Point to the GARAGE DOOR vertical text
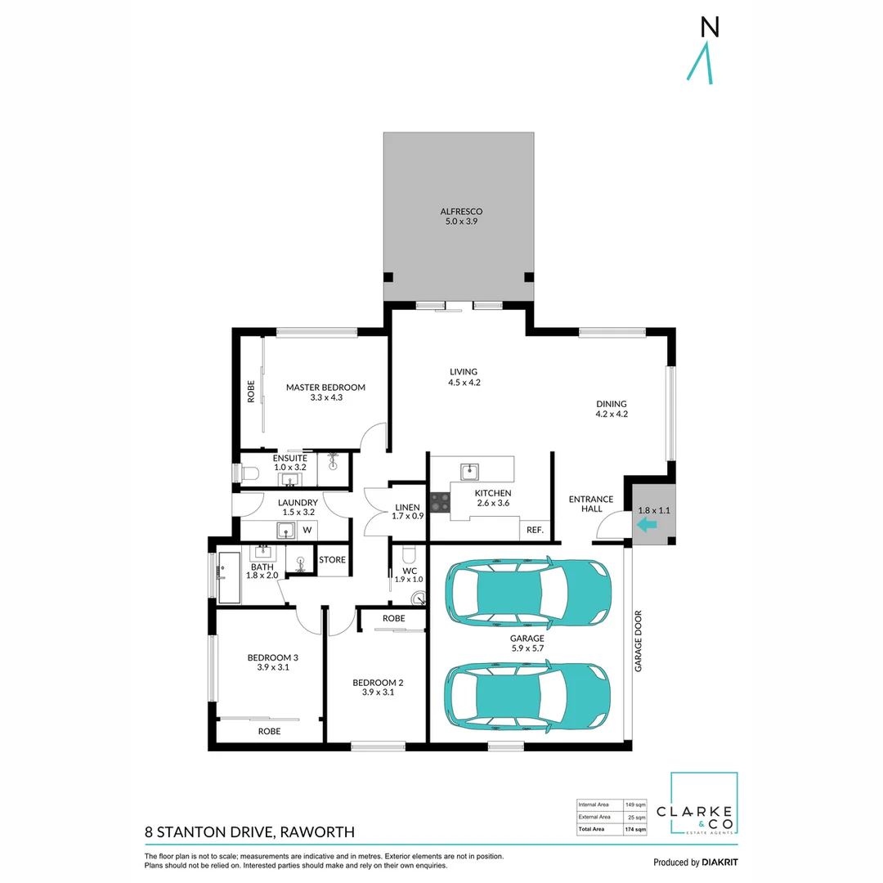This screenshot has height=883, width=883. (x=639, y=641)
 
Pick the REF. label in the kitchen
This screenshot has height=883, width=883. (x=536, y=530)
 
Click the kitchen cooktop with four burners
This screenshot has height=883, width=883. (x=439, y=501)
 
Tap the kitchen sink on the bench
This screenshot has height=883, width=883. (x=469, y=471)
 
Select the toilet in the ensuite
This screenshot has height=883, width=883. (x=249, y=473)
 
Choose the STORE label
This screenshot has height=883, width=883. (x=332, y=560)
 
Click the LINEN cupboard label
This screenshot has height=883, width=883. (x=407, y=507)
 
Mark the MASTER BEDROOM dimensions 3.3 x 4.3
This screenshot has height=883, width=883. (x=325, y=398)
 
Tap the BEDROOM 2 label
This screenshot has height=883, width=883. (x=378, y=683)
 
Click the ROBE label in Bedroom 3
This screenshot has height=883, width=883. (x=269, y=732)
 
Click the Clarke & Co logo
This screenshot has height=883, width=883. (x=704, y=805)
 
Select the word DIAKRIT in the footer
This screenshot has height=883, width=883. (x=720, y=863)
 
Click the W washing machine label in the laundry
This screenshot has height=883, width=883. (x=307, y=531)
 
